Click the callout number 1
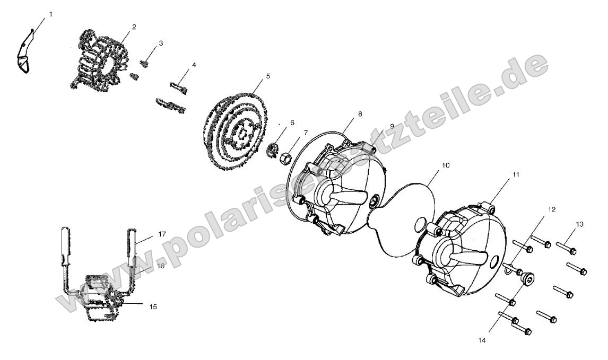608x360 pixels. [51, 14]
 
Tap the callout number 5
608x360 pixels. [268, 76]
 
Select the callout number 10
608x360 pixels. [446, 165]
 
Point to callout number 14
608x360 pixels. [482, 340]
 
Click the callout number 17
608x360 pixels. [162, 234]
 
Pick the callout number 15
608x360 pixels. [153, 306]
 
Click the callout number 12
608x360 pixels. [552, 209]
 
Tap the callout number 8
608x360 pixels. [360, 114]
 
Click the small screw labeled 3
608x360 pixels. [144, 63]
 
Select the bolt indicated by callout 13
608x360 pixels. [566, 248]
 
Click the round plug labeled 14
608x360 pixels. [528, 278]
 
